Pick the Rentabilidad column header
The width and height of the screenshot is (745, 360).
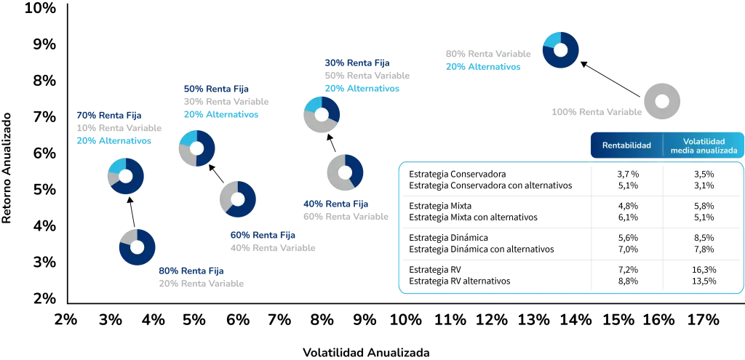click(x=626, y=145)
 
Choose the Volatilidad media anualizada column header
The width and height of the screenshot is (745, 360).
click(x=704, y=145)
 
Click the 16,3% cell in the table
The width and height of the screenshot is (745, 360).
click(x=704, y=269)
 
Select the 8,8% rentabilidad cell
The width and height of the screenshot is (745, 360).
click(x=626, y=281)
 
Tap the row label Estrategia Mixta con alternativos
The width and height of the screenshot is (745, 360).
click(x=473, y=217)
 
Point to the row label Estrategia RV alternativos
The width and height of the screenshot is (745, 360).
click(x=460, y=281)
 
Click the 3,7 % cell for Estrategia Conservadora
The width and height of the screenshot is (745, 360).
click(x=626, y=174)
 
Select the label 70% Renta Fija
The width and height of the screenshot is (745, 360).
click(x=109, y=115)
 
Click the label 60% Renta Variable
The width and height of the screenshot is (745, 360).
click(x=346, y=217)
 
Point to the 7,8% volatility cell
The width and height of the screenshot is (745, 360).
click(x=704, y=249)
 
